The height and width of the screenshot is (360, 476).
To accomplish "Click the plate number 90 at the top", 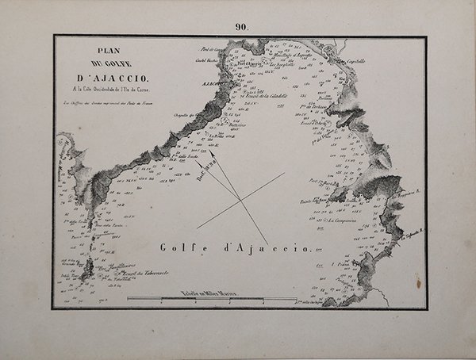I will pyautogui.click(x=241, y=26).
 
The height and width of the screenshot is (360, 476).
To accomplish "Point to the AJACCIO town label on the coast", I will pyautogui.click(x=208, y=82).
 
